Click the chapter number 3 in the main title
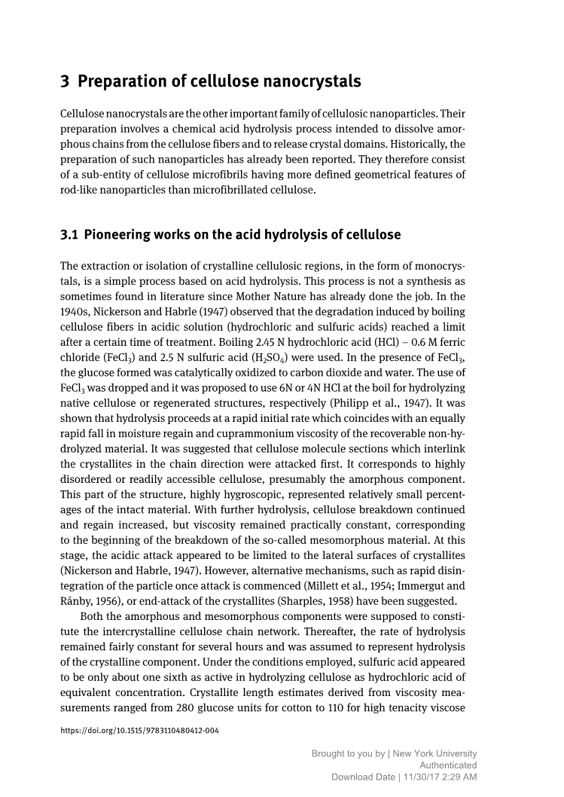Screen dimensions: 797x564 [x=65, y=81]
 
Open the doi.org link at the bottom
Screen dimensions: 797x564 [x=139, y=731]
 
